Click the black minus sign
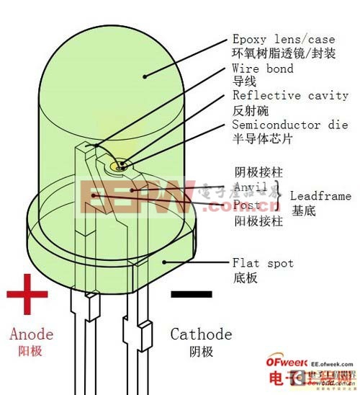(x=192, y=294)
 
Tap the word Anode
(x=32, y=334)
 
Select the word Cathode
(x=201, y=334)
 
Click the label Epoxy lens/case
(x=283, y=38)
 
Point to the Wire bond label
(x=263, y=68)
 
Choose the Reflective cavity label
(x=290, y=95)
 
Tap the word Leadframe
(x=321, y=195)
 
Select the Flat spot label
(x=263, y=263)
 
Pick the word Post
(x=246, y=205)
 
